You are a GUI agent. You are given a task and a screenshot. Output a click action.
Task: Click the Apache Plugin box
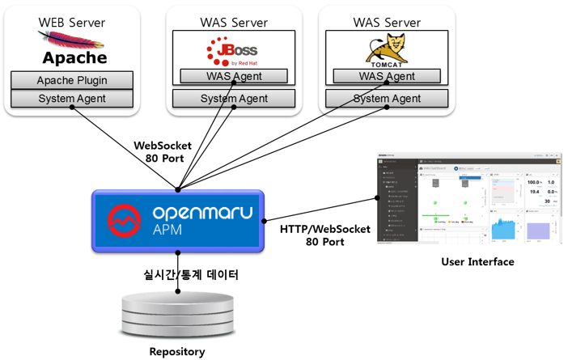pyautogui.click(x=72, y=80)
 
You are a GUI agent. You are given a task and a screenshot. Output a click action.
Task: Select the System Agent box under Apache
pyautogui.click(x=72, y=99)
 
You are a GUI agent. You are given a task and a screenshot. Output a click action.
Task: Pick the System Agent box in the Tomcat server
pyautogui.click(x=388, y=99)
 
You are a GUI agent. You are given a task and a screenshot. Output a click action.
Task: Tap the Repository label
pyautogui.click(x=177, y=351)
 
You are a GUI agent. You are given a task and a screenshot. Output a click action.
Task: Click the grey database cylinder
pyautogui.click(x=177, y=313)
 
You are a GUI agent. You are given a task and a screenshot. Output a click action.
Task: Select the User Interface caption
pyautogui.click(x=477, y=261)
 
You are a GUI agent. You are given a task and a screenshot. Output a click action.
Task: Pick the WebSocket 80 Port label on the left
pyautogui.click(x=162, y=151)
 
